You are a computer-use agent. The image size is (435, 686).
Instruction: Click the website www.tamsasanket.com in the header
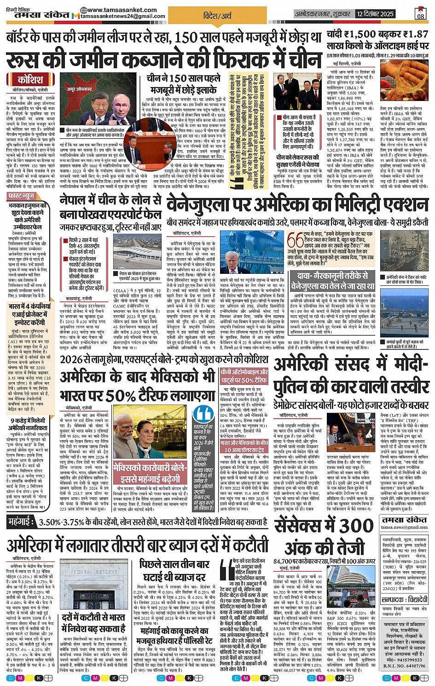click(122, 10)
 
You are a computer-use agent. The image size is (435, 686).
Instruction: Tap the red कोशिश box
click(30, 80)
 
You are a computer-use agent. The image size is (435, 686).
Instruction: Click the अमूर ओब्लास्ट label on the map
click(79, 89)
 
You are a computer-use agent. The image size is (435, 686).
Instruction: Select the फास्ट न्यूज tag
click(22, 196)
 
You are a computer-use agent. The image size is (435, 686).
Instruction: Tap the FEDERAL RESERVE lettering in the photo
click(95, 572)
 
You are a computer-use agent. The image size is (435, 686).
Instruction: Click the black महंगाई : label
click(22, 522)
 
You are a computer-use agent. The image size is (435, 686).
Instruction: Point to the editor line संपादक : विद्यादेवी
click(405, 600)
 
